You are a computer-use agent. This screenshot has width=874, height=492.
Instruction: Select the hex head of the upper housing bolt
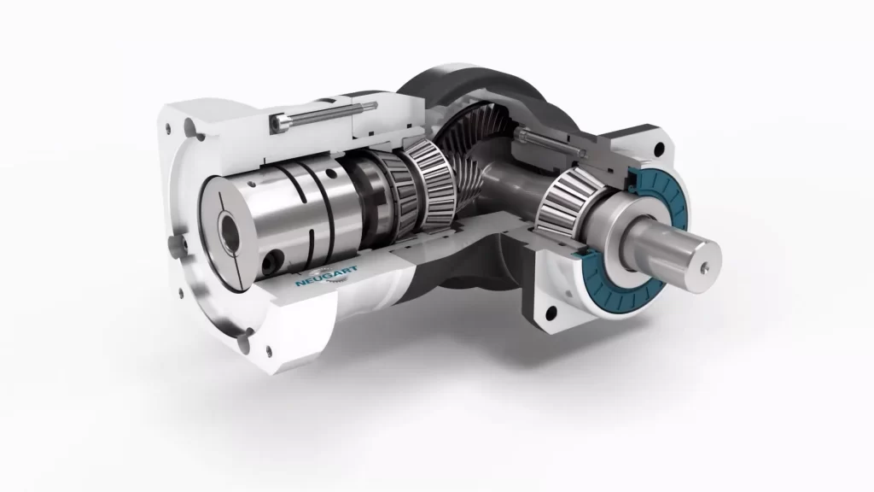tap(278, 123)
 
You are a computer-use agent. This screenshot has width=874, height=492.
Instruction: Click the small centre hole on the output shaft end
tap(704, 267)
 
